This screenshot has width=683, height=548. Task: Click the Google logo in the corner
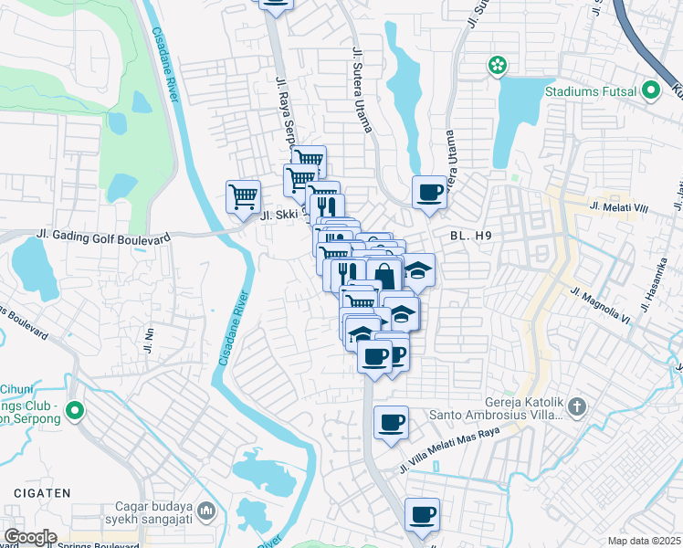(x=30, y=537)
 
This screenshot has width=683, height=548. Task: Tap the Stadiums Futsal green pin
(x=650, y=90)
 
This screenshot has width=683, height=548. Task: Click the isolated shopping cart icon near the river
(x=243, y=196)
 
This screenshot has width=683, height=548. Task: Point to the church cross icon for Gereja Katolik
(x=576, y=406)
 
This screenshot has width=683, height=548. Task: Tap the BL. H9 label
(x=471, y=236)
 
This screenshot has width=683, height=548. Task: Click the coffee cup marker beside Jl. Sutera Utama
(x=429, y=193)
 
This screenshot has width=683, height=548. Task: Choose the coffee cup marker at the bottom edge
(x=422, y=515)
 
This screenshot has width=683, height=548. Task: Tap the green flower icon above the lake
(x=497, y=66)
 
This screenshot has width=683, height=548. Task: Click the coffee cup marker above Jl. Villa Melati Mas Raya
(x=391, y=423)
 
